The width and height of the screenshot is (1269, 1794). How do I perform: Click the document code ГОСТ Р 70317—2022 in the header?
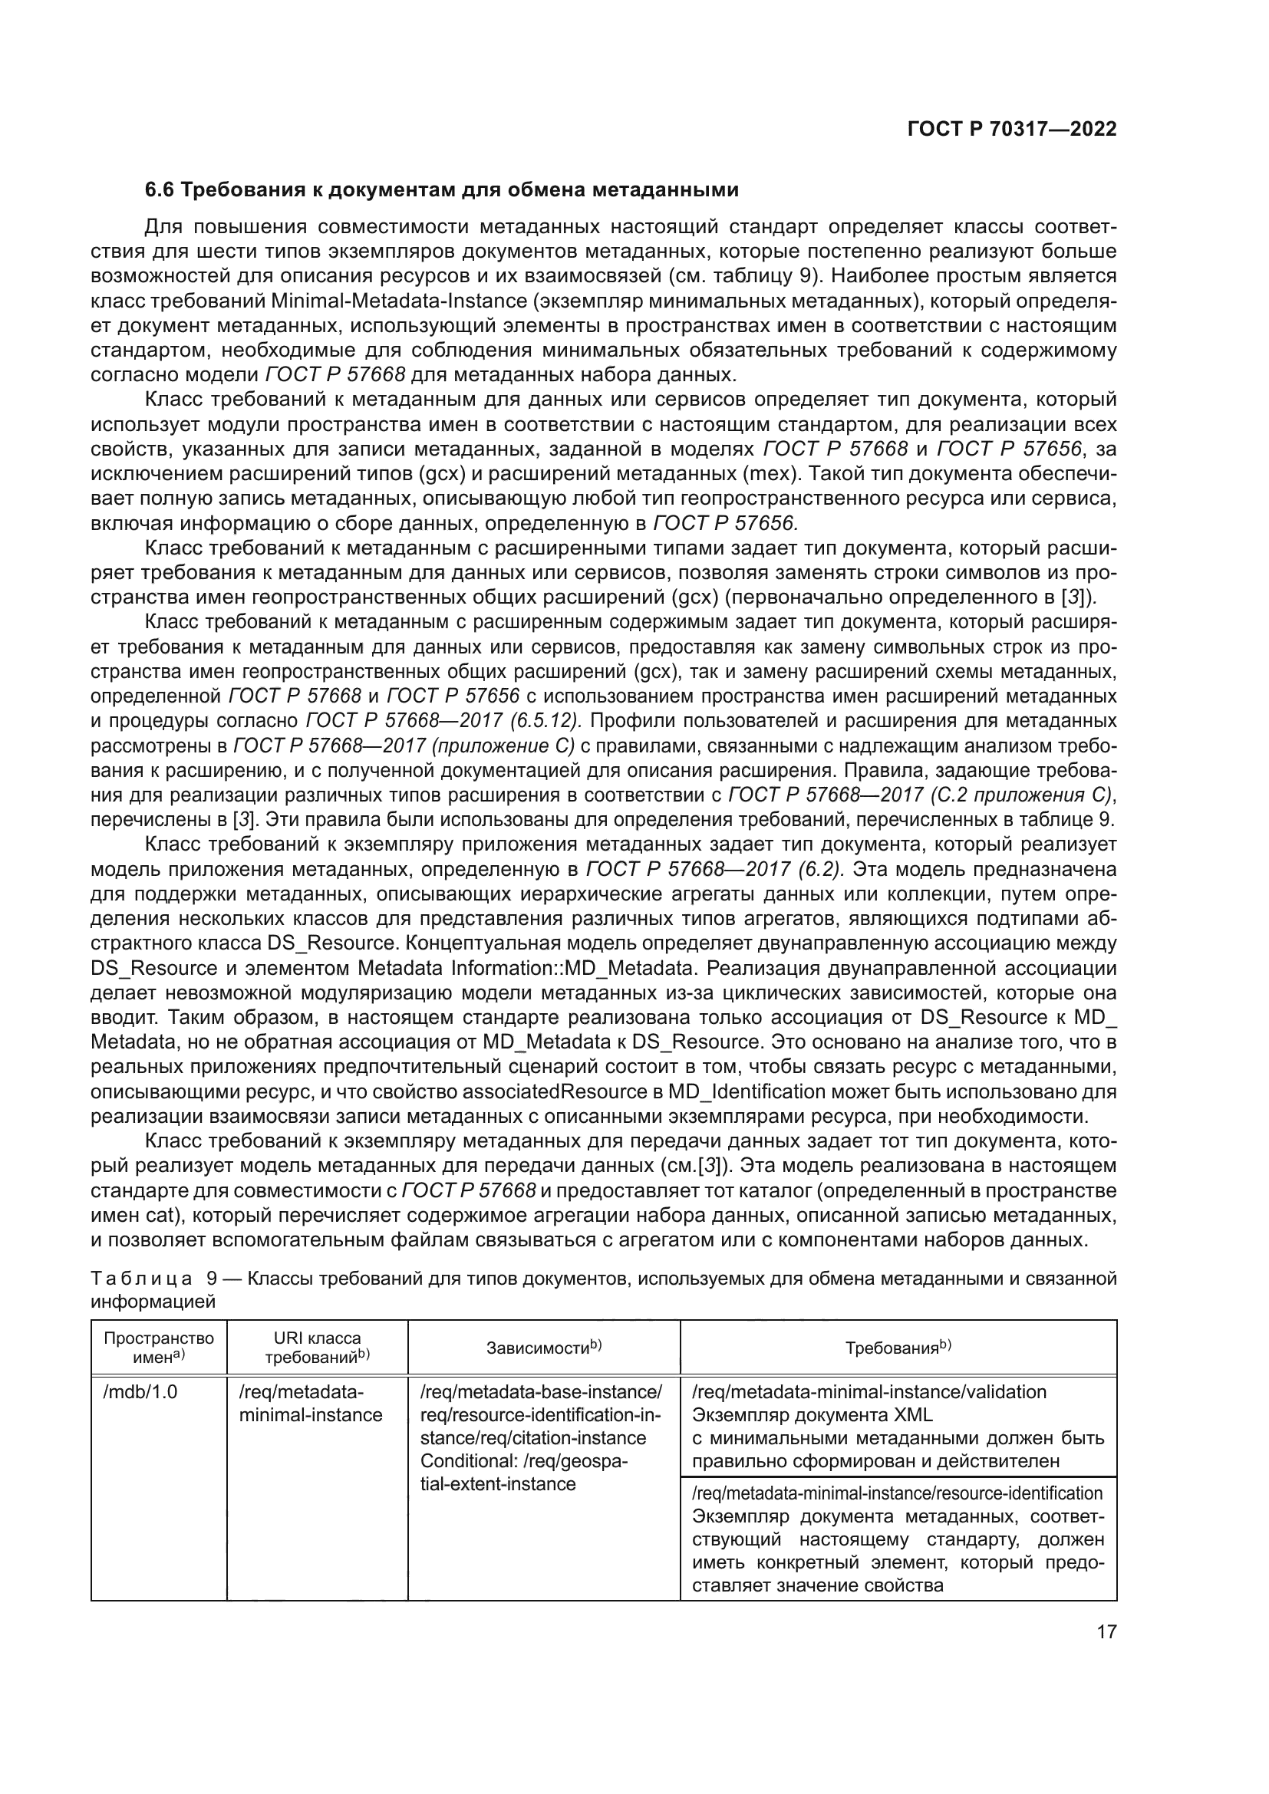[1011, 130]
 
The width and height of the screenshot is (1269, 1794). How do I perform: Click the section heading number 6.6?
[161, 190]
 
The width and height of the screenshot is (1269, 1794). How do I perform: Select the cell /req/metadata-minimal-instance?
[311, 1404]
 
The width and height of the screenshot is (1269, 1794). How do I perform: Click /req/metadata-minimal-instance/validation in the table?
[869, 1391]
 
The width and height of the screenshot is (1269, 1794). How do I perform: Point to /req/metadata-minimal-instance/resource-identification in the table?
[898, 1493]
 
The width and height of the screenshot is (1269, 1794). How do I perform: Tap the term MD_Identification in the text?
[753, 1091]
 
